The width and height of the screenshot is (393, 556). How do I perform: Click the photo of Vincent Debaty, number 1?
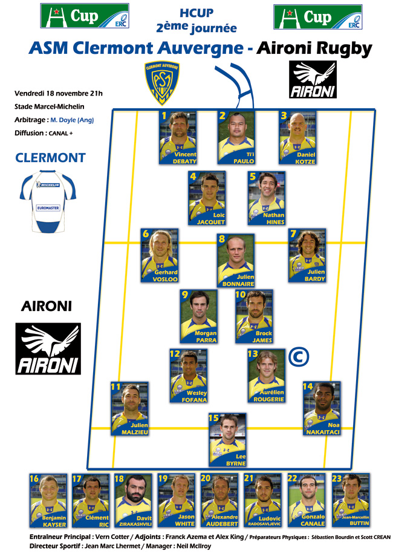(177, 137)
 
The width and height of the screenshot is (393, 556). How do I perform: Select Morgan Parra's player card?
(199, 316)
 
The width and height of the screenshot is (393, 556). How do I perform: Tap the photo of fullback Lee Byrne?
(227, 439)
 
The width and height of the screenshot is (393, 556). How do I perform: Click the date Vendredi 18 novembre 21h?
(58, 93)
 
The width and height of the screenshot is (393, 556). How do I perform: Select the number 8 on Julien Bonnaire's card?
(222, 239)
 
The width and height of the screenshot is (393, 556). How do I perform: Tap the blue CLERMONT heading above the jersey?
(50, 159)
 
